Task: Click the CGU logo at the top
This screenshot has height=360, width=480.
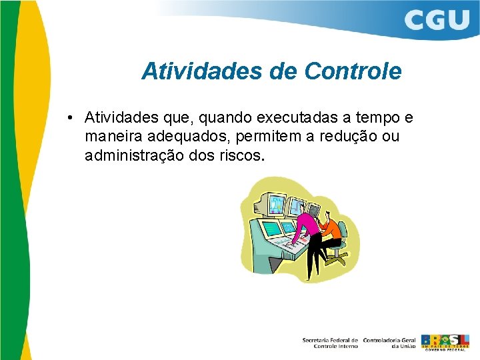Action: [x=437, y=19]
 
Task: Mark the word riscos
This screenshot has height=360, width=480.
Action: [x=243, y=157]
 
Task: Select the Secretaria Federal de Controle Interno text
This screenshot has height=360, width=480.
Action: [x=330, y=343]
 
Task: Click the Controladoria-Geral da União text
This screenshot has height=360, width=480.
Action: [x=389, y=343]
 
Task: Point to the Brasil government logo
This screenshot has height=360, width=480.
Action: [x=445, y=341]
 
